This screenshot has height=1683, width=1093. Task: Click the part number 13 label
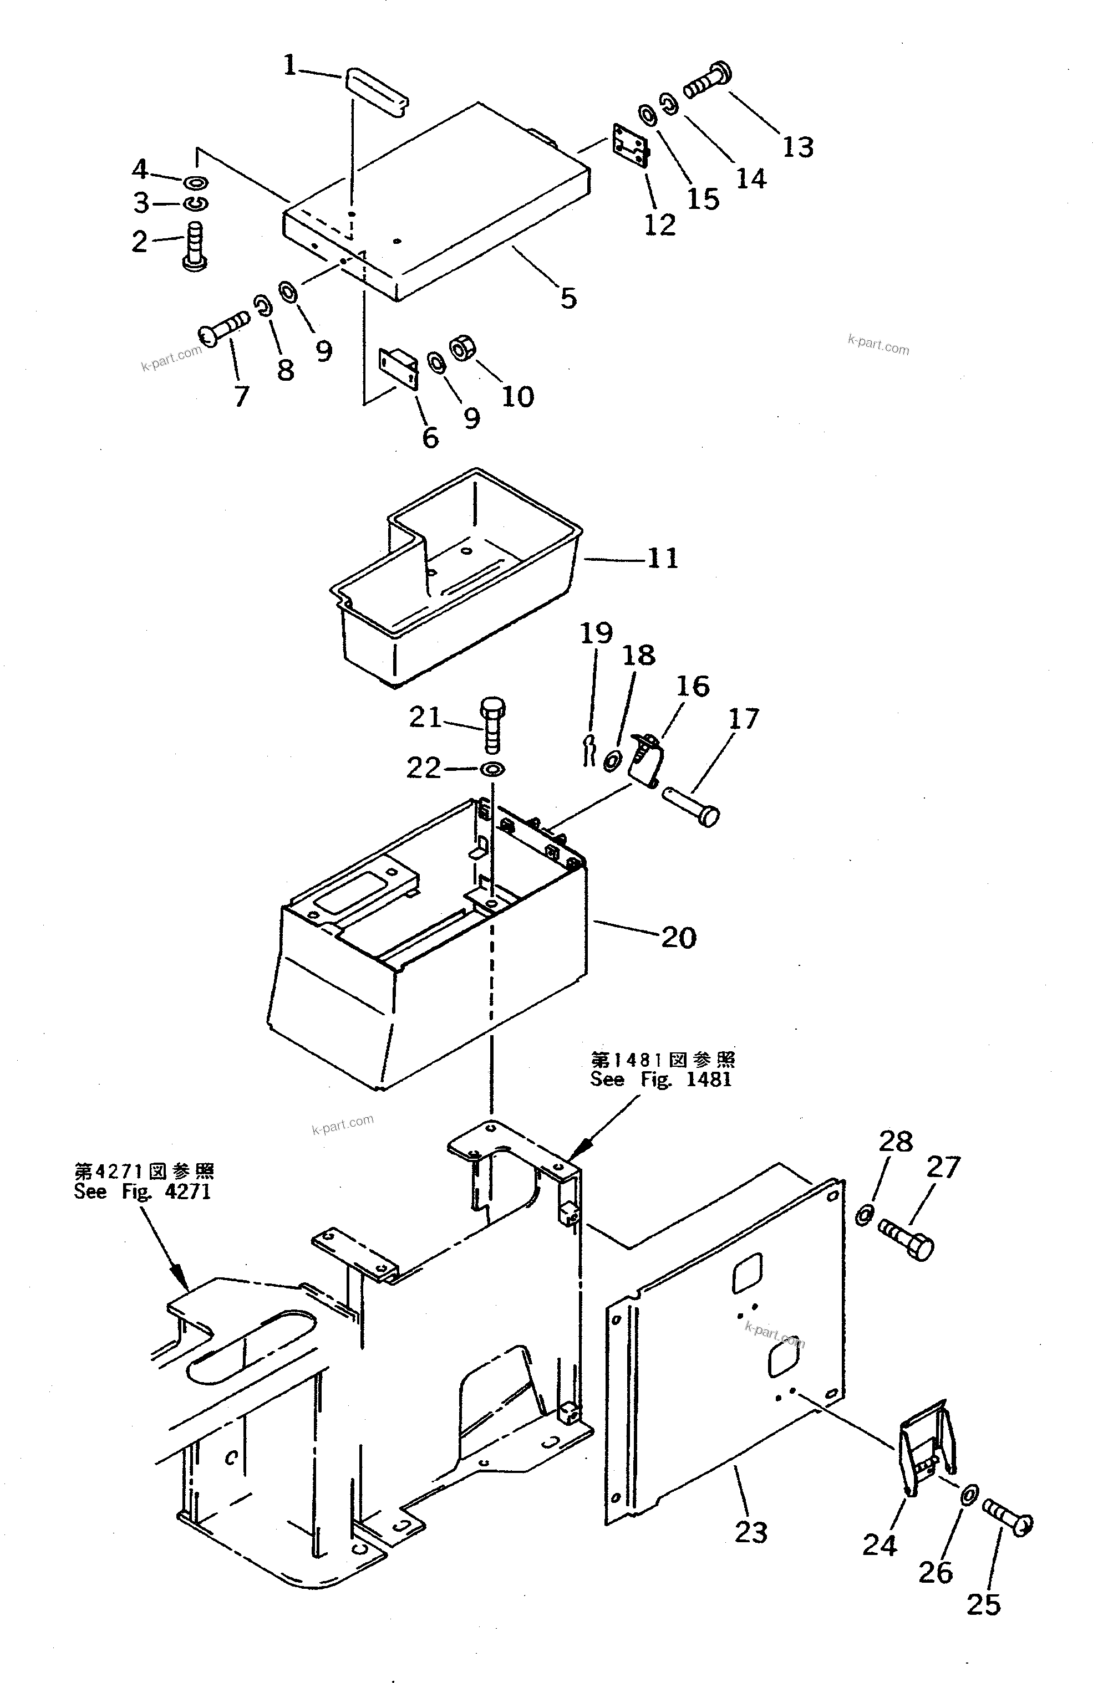(x=798, y=147)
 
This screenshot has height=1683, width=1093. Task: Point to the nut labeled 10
(x=464, y=349)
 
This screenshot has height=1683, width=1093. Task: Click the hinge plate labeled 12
(x=631, y=146)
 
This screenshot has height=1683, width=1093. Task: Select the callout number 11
(x=662, y=559)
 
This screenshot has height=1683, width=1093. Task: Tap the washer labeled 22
(x=492, y=769)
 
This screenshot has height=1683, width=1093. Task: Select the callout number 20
(x=678, y=938)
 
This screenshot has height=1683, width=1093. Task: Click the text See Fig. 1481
(x=661, y=1080)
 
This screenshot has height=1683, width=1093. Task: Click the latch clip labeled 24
(x=924, y=1447)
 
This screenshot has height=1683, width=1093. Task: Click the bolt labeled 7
(x=225, y=328)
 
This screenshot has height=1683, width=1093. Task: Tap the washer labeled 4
(x=197, y=182)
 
